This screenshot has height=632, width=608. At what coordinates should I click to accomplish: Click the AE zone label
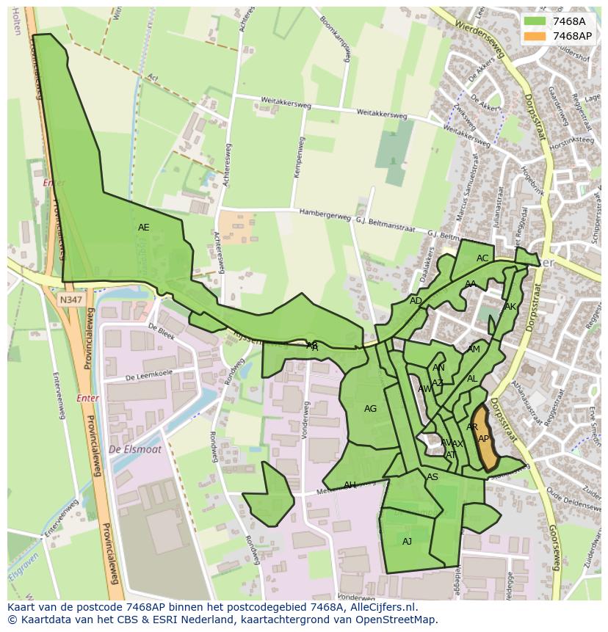point(143,228)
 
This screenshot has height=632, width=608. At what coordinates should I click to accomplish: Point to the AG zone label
point(370,409)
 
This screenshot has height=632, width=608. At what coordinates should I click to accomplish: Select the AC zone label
point(482,258)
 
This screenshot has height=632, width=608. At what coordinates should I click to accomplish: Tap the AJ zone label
point(407,542)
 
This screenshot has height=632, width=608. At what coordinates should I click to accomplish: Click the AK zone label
point(510,307)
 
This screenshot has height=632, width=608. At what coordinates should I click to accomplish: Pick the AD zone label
point(416,301)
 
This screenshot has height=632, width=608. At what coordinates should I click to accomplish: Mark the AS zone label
point(433,477)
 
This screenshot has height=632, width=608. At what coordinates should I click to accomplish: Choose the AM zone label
point(474,349)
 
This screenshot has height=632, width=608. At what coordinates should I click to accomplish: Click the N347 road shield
point(72,299)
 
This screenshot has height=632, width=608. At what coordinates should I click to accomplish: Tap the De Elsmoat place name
point(134,449)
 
